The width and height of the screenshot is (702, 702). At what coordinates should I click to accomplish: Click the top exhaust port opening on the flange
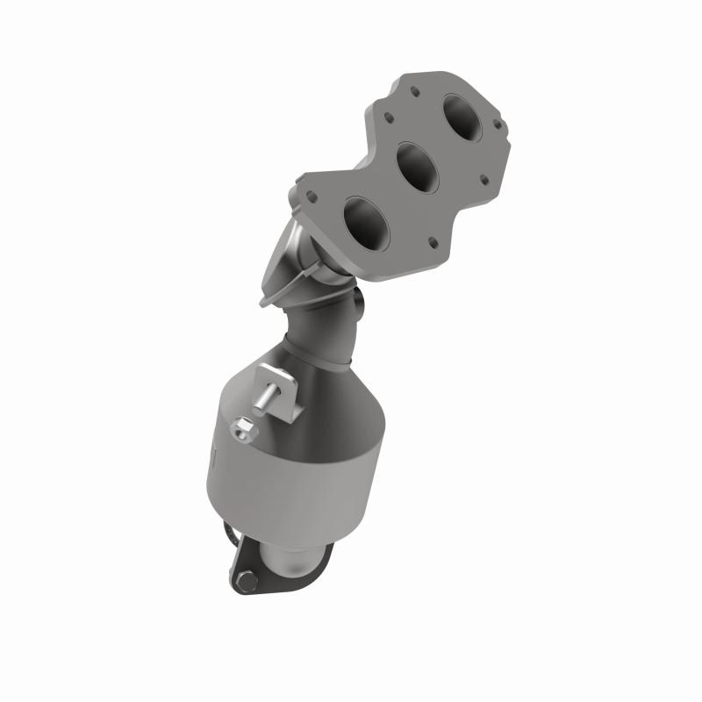(x=463, y=113)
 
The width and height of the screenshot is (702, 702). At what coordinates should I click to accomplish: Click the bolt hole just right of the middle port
(x=483, y=180)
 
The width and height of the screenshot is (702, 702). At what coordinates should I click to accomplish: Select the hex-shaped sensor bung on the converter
(x=243, y=430)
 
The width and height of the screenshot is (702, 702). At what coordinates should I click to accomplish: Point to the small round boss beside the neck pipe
(x=359, y=303)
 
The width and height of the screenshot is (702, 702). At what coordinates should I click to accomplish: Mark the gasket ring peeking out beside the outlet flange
(x=230, y=534)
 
